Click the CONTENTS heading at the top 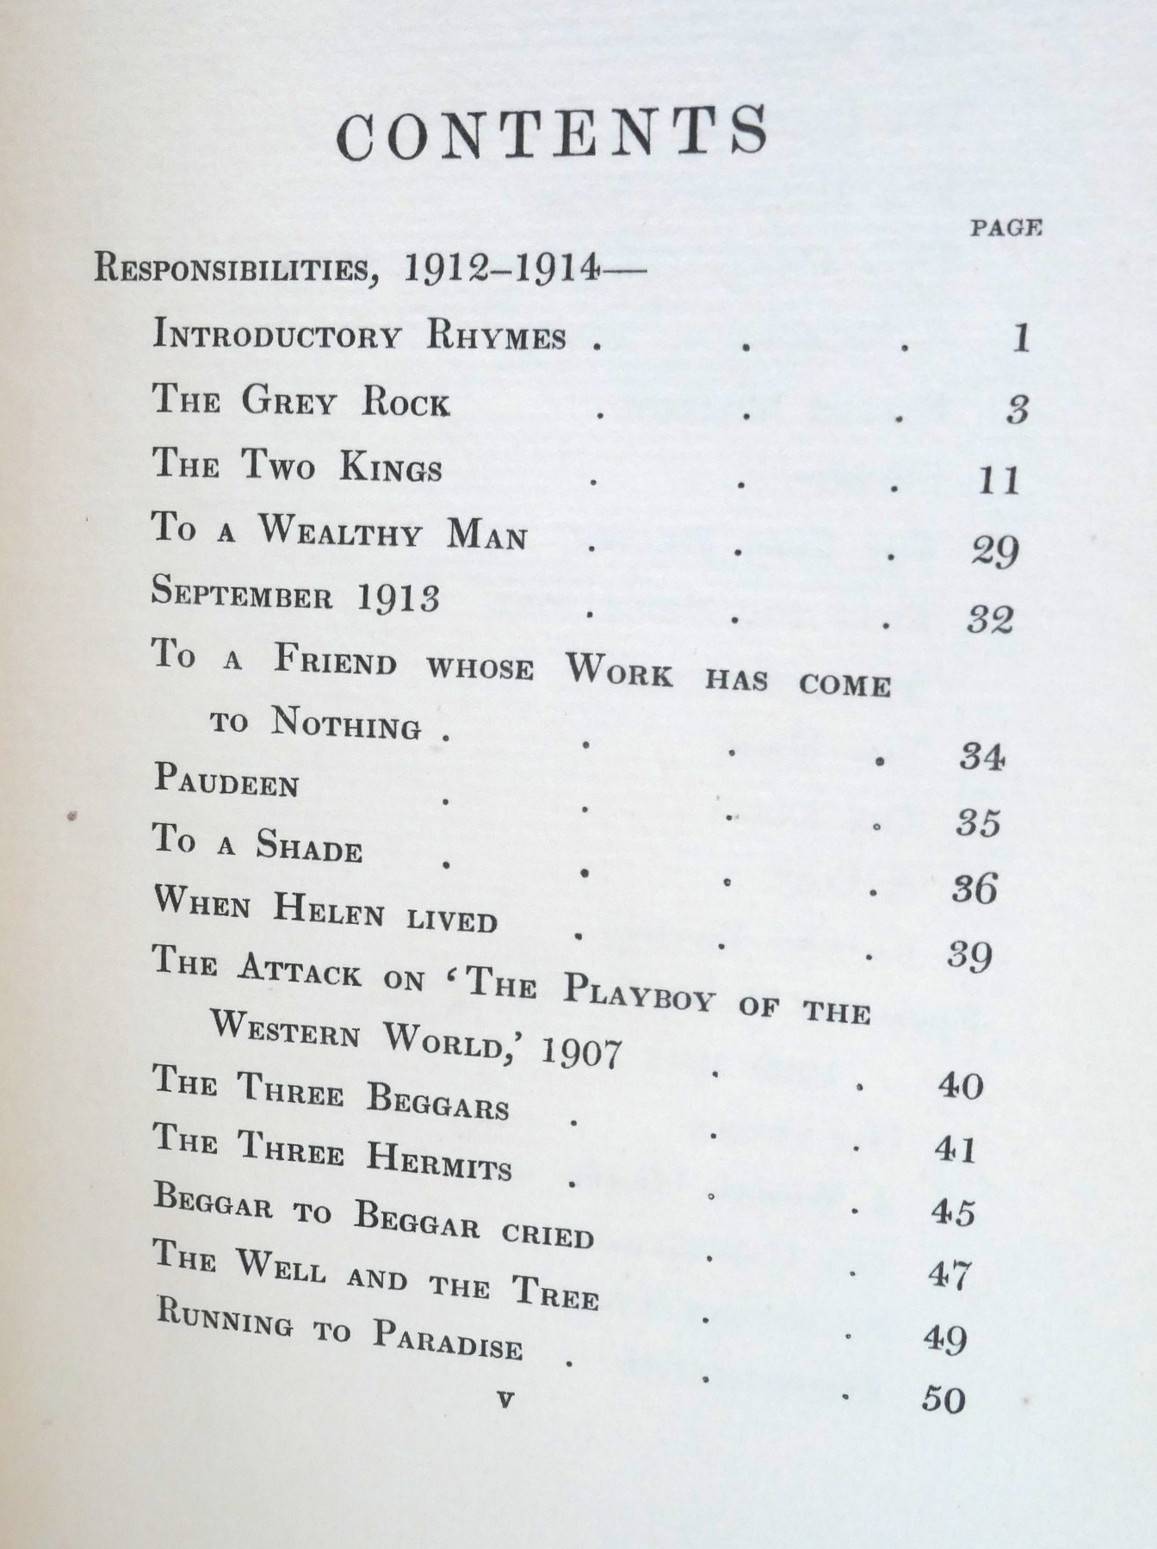pyautogui.click(x=552, y=133)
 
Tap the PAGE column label pyautogui.click(x=1006, y=228)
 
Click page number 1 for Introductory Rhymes pyautogui.click(x=1021, y=338)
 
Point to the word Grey pyautogui.click(x=287, y=400)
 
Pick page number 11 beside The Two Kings pyautogui.click(x=999, y=480)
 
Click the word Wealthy pyautogui.click(x=341, y=531)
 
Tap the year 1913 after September pyautogui.click(x=399, y=598)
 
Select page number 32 pyautogui.click(x=990, y=619)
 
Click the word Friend pyautogui.click(x=336, y=660)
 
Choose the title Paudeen pyautogui.click(x=226, y=781)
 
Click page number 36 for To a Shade pyautogui.click(x=974, y=888)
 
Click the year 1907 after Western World pyautogui.click(x=581, y=1051)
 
